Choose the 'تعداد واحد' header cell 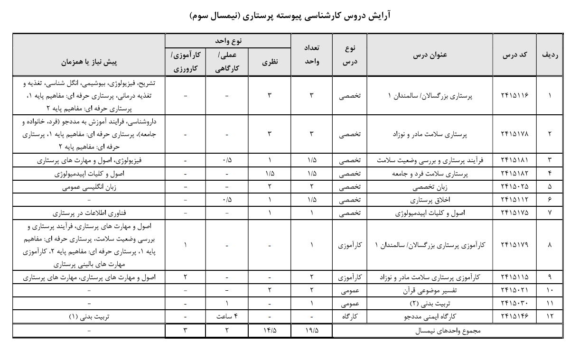point(311,55)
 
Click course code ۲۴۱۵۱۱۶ point(514,95)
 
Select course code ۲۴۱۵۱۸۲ point(514,174)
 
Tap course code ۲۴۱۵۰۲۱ point(514,289)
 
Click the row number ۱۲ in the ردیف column point(550,315)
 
